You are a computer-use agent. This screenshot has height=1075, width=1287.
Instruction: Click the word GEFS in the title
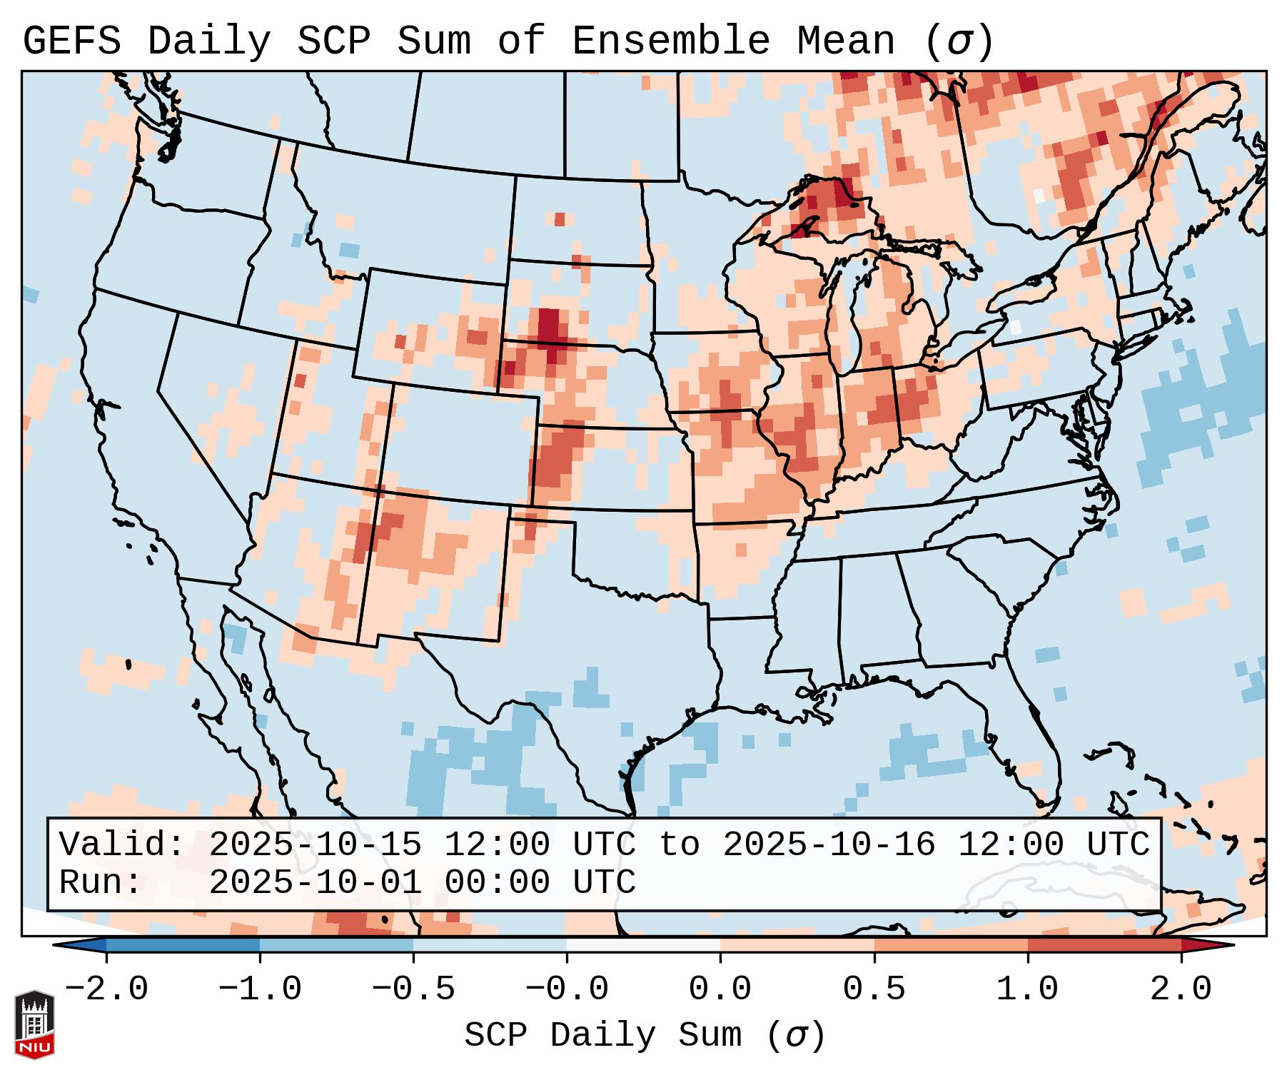[x=71, y=41]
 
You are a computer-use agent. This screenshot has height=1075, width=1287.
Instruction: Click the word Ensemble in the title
[x=670, y=41]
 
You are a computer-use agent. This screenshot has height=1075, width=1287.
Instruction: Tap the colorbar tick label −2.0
[x=106, y=989]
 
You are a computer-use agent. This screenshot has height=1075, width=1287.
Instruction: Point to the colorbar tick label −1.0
[x=260, y=989]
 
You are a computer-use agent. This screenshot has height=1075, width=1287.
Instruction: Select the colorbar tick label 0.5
[x=874, y=989]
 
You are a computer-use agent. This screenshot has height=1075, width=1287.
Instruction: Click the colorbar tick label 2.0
[x=1181, y=989]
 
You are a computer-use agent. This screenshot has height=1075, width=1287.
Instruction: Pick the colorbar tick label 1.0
[x=1027, y=989]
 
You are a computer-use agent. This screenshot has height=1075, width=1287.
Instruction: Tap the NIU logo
[x=34, y=1024]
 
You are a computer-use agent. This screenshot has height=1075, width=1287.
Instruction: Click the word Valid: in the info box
[x=122, y=844]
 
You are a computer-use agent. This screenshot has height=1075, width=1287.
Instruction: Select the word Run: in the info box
[x=101, y=883]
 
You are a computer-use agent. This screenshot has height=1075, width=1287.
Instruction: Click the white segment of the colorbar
[x=643, y=945]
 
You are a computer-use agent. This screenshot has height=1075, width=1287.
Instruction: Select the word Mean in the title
[x=845, y=41]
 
